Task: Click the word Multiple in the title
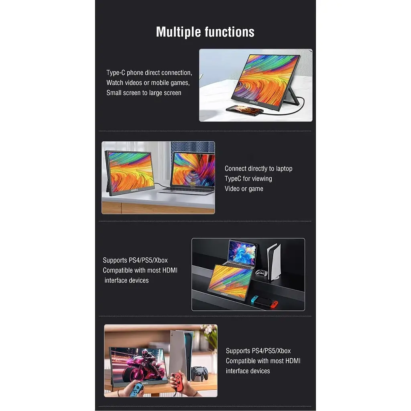178,32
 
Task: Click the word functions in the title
230,32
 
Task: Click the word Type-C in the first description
116,73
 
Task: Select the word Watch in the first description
115,83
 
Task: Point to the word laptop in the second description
284,169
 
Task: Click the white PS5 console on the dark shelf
274,262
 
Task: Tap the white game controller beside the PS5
261,273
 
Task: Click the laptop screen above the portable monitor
242,253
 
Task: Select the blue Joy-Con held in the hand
136,389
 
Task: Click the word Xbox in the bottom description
284,351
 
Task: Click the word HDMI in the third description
170,270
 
